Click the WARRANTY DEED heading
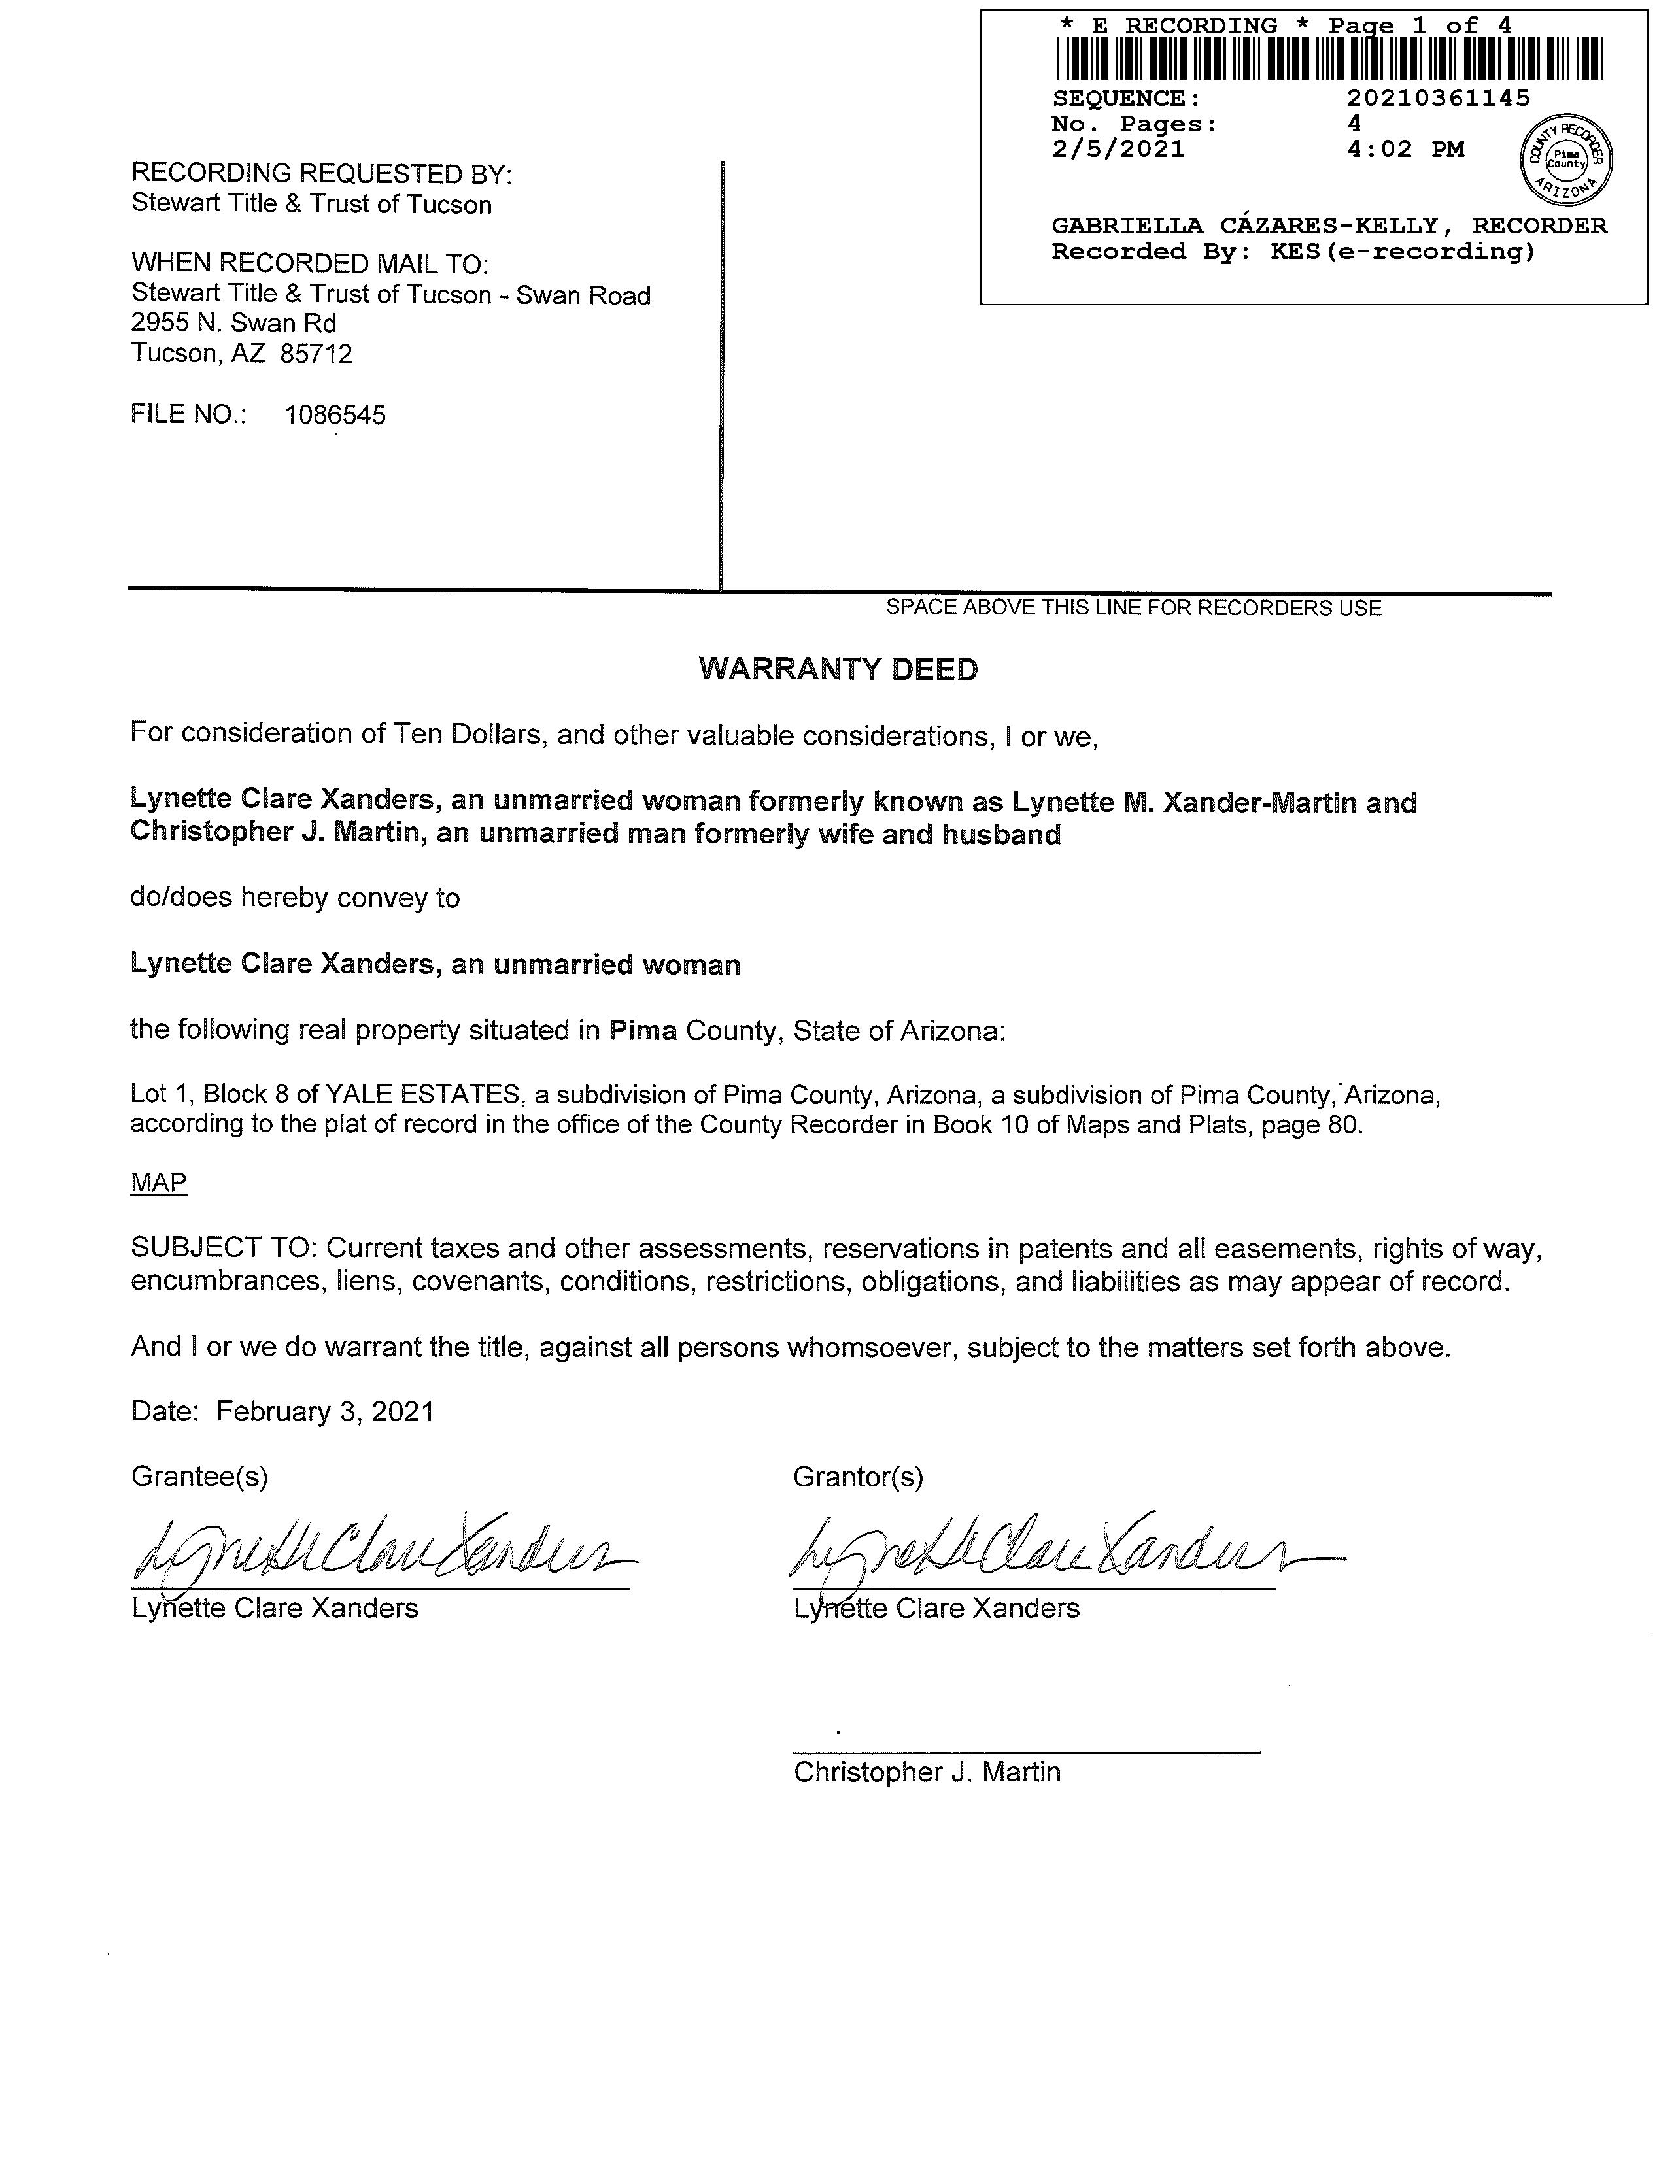click(x=838, y=669)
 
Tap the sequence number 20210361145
click(x=1438, y=98)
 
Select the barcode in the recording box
click(x=1329, y=58)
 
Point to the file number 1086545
click(x=335, y=415)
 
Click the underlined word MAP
click(x=159, y=1183)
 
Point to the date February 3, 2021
click(x=325, y=1411)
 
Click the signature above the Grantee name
click(x=382, y=1549)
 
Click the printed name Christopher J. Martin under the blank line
click(x=926, y=1772)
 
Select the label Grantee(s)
click(x=199, y=1477)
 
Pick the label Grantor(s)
click(x=858, y=1477)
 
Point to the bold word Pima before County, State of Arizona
click(x=643, y=1031)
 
